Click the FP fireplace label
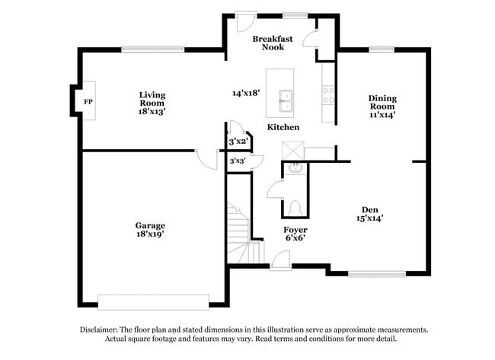coord(88,100)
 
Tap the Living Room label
coord(152,103)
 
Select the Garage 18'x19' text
coord(150,230)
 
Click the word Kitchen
coord(283,127)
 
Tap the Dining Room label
coord(382,107)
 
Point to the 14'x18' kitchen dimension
coord(247,93)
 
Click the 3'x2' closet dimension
coord(238,142)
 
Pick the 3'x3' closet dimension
coord(238,161)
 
